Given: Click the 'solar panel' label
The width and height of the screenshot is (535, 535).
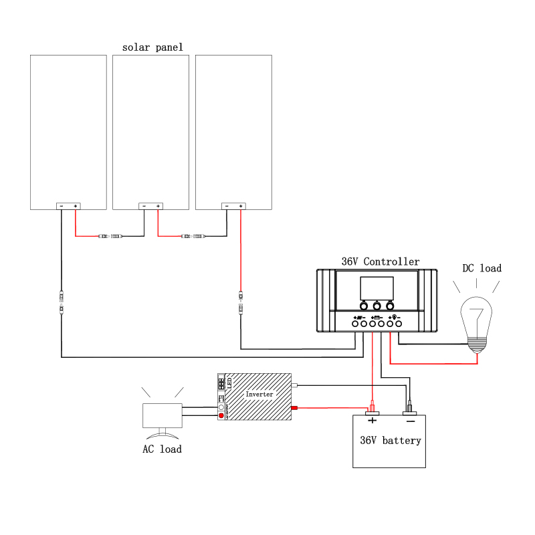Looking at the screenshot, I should [x=152, y=47].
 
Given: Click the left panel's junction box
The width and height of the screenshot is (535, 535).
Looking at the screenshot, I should [x=68, y=206].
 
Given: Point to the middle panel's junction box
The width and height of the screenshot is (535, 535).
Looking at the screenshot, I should [x=151, y=206].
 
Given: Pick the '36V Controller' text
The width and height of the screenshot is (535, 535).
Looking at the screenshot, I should [x=381, y=261].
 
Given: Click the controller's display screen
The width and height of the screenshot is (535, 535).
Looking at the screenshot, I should [x=377, y=288].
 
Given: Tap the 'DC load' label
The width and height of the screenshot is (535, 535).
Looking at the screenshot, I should [x=481, y=268].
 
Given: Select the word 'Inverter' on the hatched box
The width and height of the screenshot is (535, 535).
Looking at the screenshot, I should [x=259, y=395].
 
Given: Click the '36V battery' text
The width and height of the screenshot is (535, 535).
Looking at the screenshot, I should [x=390, y=441].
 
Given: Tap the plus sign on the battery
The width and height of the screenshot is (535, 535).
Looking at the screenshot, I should [x=372, y=421].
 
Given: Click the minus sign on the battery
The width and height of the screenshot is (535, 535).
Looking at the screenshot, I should [x=410, y=421].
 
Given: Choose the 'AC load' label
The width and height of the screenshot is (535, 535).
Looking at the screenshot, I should [x=162, y=449].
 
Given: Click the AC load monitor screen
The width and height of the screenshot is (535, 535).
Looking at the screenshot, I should [x=163, y=415].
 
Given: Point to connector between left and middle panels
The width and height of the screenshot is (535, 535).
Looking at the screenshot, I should [x=110, y=236].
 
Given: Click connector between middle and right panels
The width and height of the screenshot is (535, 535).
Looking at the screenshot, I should [x=194, y=236].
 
